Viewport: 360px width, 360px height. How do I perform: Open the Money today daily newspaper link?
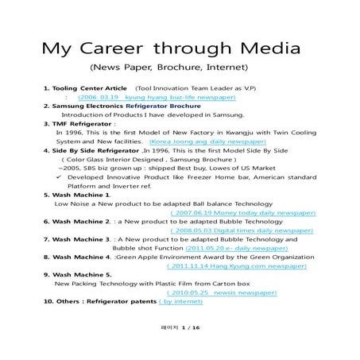pyautogui.click(x=243, y=212)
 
